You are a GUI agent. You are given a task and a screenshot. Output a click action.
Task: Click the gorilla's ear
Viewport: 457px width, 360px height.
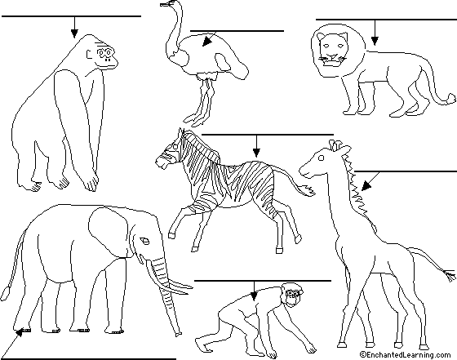pyautogui.click(x=89, y=54)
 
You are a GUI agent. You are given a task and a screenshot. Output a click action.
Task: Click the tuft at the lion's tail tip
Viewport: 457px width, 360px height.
pyautogui.click(x=451, y=98)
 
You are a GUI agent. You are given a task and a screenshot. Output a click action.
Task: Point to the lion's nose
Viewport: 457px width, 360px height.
pyautogui.click(x=332, y=56)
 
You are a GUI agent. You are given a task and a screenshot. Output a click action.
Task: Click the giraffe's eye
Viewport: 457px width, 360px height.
pyautogui.click(x=322, y=158)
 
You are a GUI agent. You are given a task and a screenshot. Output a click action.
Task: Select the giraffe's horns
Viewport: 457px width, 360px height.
pyautogui.click(x=335, y=144)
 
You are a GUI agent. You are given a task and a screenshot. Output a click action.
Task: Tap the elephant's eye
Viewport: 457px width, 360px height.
pyautogui.click(x=144, y=241)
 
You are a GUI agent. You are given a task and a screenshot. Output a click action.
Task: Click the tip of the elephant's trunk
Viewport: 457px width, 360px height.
pyautogui.click(x=178, y=334)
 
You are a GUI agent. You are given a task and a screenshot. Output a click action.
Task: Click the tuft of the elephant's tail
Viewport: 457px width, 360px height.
pyautogui.click(x=6, y=292)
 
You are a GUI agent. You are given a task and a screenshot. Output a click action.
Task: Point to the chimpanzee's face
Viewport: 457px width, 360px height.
pyautogui.click(x=292, y=296)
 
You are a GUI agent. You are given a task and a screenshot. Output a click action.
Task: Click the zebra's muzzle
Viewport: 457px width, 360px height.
pyautogui.click(x=161, y=162)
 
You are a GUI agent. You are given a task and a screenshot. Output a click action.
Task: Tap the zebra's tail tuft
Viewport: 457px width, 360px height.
pyautogui.click(x=307, y=190)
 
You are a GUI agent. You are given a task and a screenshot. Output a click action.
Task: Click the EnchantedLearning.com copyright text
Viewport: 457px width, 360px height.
pyautogui.click(x=406, y=354)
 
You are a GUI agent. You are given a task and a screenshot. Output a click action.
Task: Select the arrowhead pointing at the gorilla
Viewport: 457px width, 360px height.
pyautogui.click(x=74, y=33)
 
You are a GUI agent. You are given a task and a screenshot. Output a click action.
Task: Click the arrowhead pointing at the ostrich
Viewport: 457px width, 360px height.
pyautogui.click(x=206, y=42)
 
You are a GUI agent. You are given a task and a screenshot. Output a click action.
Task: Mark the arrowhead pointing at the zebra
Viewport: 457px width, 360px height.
pyautogui.click(x=256, y=153)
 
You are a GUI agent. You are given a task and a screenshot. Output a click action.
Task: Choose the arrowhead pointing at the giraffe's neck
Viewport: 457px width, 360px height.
pyautogui.click(x=366, y=185)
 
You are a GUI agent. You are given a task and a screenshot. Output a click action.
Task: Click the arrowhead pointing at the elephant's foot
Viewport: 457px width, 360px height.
pyautogui.click(x=18, y=333)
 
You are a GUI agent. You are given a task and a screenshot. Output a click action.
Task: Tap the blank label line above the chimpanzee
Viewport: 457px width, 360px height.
pyautogui.click(x=263, y=281)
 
